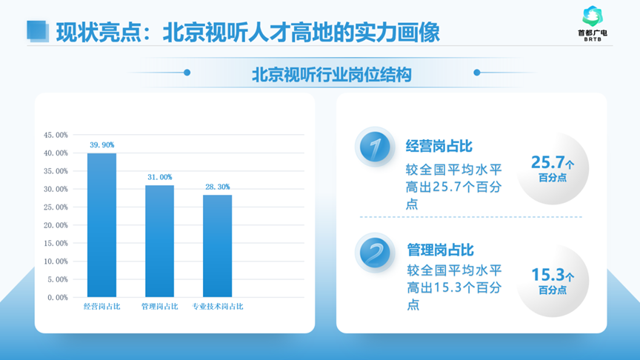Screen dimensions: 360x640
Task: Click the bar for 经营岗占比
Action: point(101,225)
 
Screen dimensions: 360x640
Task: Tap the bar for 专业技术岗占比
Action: point(218,246)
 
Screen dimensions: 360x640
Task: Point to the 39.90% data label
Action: point(101,145)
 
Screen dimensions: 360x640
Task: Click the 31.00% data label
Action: point(159,177)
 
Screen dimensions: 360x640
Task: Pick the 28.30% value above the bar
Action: point(218,187)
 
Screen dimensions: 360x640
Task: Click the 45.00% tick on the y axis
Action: point(56,136)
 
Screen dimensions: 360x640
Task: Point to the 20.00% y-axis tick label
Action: point(56,225)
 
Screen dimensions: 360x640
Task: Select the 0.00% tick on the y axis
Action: point(58,298)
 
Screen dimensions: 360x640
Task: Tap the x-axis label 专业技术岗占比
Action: point(218,307)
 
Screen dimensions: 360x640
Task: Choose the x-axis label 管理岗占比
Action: point(159,307)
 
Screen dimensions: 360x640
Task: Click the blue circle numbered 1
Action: point(376,147)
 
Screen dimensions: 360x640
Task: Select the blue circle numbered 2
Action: point(376,253)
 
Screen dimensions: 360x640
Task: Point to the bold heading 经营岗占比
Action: point(439,144)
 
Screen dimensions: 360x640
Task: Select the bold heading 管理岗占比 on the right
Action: point(439,250)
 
